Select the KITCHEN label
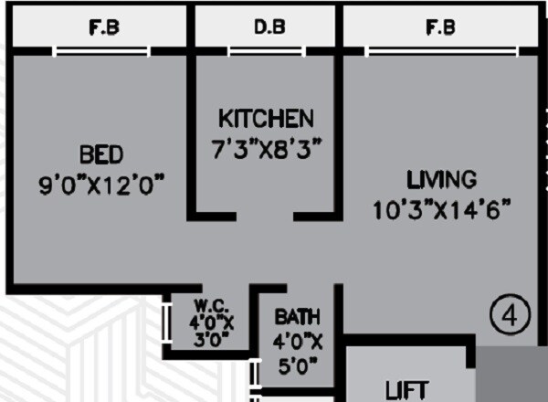(x=266, y=118)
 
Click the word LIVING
(x=441, y=178)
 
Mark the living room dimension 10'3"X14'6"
(x=441, y=210)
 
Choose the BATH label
(x=298, y=318)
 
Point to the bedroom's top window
(x=101, y=51)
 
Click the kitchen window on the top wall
(x=266, y=51)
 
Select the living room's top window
(x=440, y=51)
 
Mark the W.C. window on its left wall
(x=165, y=323)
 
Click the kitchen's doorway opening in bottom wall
(x=266, y=217)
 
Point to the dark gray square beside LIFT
(x=513, y=375)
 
